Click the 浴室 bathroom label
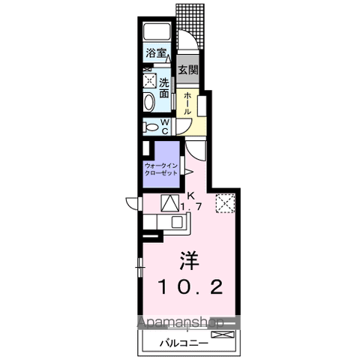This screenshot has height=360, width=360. point(156,53)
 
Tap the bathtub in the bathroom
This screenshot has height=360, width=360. point(157,31)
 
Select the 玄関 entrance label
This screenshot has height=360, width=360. point(187,70)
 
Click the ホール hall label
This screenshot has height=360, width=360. point(187,103)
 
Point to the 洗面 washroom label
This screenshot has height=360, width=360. point(164,88)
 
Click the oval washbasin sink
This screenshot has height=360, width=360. point(148,102)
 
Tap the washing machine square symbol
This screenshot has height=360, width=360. point(149,80)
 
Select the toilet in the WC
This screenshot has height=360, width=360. point(151,127)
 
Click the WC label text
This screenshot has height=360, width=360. point(164,127)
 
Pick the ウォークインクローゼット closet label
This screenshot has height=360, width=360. point(161,169)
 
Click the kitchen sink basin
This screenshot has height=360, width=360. point(177,222)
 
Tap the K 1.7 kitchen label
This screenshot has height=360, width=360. point(190,202)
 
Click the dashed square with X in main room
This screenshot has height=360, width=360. point(225,203)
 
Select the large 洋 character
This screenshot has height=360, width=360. point(189,260)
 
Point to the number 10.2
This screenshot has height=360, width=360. point(190,286)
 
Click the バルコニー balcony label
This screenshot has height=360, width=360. point(184,343)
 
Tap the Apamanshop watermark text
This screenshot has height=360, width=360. point(180,322)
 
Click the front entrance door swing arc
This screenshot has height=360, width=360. point(190,37)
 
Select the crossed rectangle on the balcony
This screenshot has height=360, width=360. point(223,334)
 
